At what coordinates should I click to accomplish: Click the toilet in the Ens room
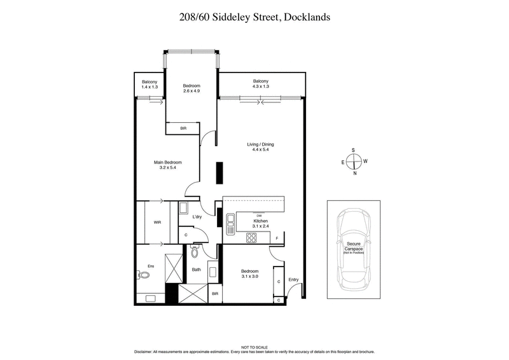143,275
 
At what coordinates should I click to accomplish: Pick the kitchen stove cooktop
251,239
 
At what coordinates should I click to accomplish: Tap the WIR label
157,223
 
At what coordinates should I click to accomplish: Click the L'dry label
197,218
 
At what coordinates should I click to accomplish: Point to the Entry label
293,280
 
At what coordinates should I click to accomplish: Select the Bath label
197,270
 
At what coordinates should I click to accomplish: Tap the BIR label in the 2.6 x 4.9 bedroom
183,128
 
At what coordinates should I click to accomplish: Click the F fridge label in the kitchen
277,238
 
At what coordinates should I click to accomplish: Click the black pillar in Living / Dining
218,172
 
